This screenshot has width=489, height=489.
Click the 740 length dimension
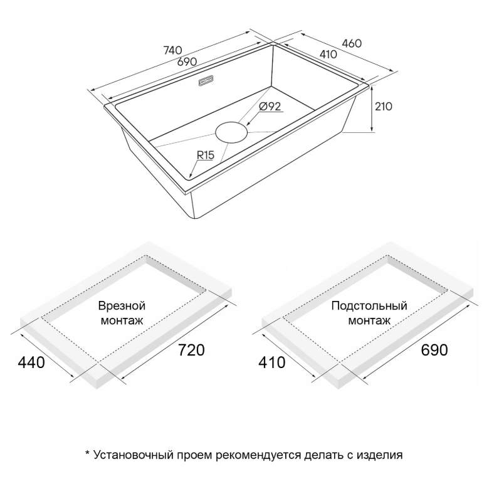point(172,50)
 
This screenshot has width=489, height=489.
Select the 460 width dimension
point(352,43)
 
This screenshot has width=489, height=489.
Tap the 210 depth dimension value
point(383,107)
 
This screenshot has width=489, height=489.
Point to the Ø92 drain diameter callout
point(270,107)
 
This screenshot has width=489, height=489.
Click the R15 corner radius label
point(206,155)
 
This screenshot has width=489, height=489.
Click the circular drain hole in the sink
point(231,132)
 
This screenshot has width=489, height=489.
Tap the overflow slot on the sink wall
point(206,81)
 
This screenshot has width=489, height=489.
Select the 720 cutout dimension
point(191,350)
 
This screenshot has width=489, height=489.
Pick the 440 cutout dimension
point(31,362)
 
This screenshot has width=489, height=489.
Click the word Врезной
point(122,306)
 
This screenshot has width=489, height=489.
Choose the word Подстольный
point(369,306)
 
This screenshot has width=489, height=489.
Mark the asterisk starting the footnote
point(87,453)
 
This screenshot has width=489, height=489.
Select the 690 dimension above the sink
point(187,61)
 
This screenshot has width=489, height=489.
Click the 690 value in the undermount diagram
point(434,350)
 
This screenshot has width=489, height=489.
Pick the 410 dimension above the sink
point(329,55)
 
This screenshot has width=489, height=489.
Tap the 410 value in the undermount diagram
point(272,362)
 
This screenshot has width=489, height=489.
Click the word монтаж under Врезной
point(122,320)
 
